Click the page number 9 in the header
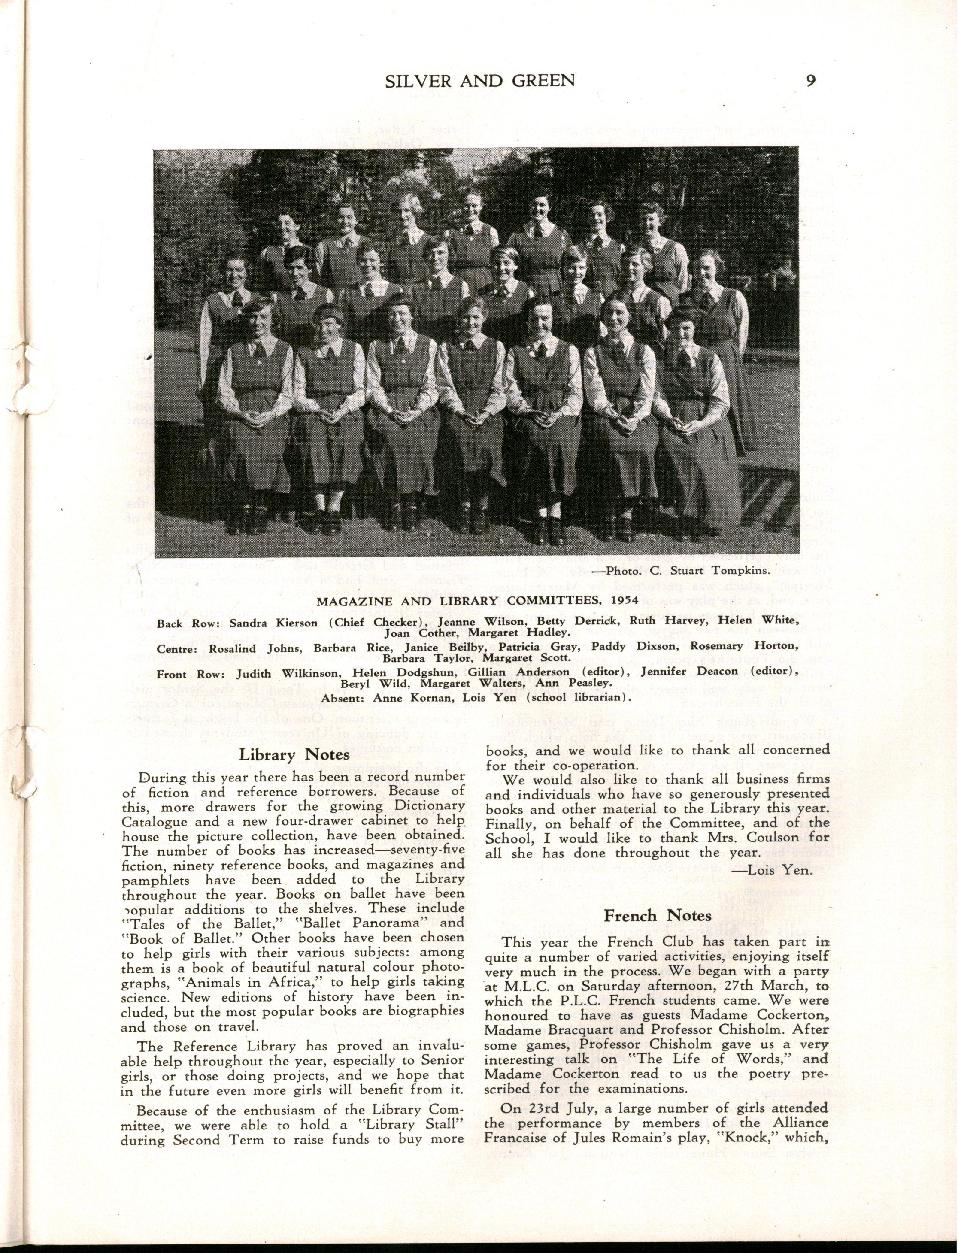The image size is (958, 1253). click(x=810, y=80)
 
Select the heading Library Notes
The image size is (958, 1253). click(x=294, y=755)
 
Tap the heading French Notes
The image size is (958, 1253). click(x=658, y=916)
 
